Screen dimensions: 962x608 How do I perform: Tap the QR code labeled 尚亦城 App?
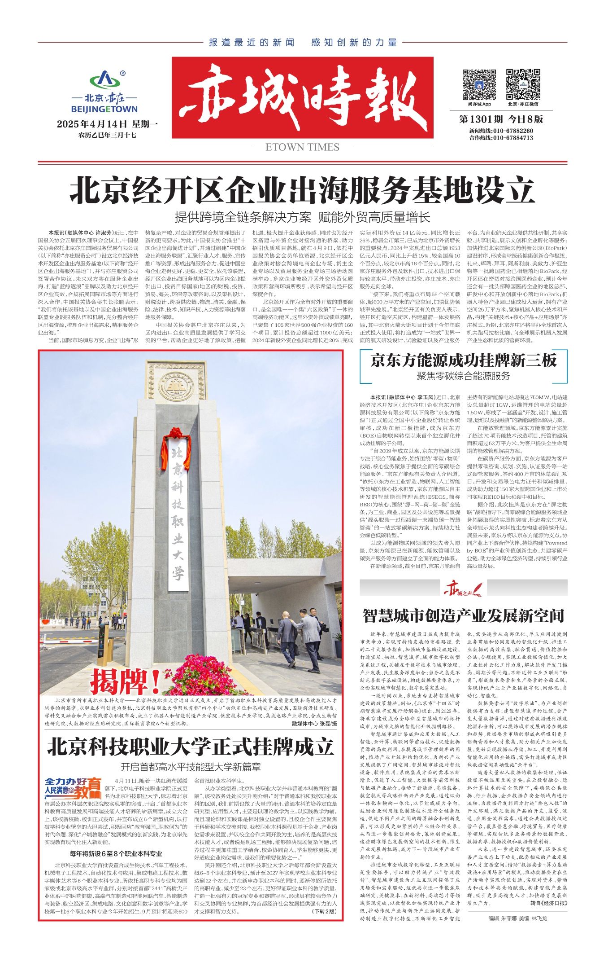[479, 84]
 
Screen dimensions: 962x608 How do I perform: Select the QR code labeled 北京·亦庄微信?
[523, 84]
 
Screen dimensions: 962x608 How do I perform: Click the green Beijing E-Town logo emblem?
[105, 80]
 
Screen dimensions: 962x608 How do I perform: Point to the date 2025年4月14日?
[92, 124]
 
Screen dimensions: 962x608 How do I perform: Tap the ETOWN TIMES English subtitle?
[302, 147]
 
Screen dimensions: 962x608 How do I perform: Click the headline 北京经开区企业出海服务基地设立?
[303, 190]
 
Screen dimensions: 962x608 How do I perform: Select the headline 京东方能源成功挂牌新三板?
[463, 360]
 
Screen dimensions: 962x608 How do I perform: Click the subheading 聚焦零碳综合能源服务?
[463, 376]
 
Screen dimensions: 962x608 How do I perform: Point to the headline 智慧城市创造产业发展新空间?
[463, 616]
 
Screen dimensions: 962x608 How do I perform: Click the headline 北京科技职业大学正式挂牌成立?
[191, 747]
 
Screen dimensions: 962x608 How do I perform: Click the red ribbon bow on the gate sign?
[176, 434]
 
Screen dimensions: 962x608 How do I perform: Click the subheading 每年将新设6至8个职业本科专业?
[116, 854]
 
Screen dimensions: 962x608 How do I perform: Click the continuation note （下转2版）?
[323, 911]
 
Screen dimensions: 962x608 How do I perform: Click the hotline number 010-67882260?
[513, 131]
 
